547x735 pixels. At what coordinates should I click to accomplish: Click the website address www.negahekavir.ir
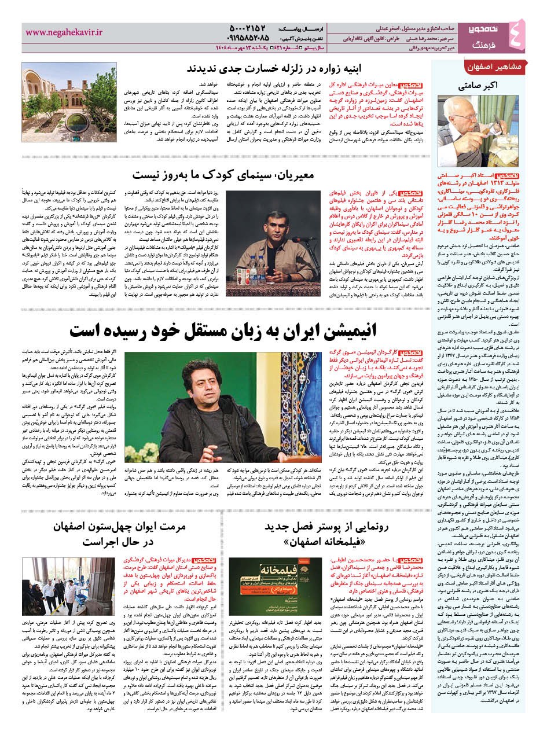click(x=64, y=34)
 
